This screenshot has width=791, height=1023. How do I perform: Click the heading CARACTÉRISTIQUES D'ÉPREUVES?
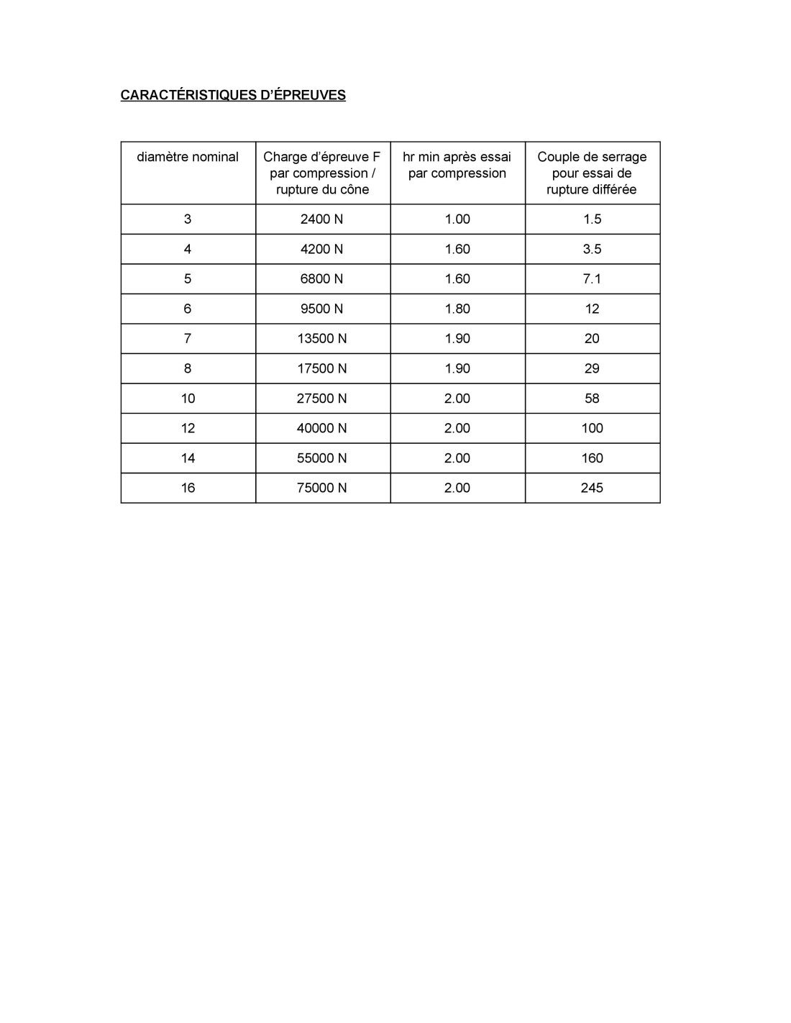[x=233, y=95]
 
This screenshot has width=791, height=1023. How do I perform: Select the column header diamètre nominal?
[x=188, y=157]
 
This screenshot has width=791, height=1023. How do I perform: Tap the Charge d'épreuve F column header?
[x=322, y=173]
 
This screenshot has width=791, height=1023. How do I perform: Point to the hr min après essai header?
[x=457, y=165]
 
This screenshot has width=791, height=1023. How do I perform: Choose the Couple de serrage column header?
[x=592, y=173]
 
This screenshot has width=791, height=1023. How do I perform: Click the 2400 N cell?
[x=322, y=219]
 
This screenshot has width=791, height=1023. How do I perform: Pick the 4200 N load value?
[x=322, y=249]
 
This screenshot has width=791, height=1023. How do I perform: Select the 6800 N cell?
[x=322, y=278]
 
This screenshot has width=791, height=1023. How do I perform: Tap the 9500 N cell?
[x=322, y=309]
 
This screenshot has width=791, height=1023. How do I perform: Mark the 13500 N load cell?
[x=322, y=338]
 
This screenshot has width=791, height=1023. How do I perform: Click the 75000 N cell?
[x=322, y=488]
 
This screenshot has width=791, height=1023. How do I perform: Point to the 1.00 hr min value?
[x=457, y=219]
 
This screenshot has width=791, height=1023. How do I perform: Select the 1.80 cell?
[x=457, y=309]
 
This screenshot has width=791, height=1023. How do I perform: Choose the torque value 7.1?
[x=592, y=278]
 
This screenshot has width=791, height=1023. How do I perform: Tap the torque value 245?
[x=592, y=488]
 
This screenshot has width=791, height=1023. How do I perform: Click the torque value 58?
[x=592, y=398]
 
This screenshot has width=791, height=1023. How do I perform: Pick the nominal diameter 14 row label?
[x=188, y=458]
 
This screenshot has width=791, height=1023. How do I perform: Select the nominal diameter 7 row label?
[x=188, y=338]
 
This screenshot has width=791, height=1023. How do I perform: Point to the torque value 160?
[x=592, y=458]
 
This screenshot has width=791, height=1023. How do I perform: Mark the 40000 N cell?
[x=322, y=428]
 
